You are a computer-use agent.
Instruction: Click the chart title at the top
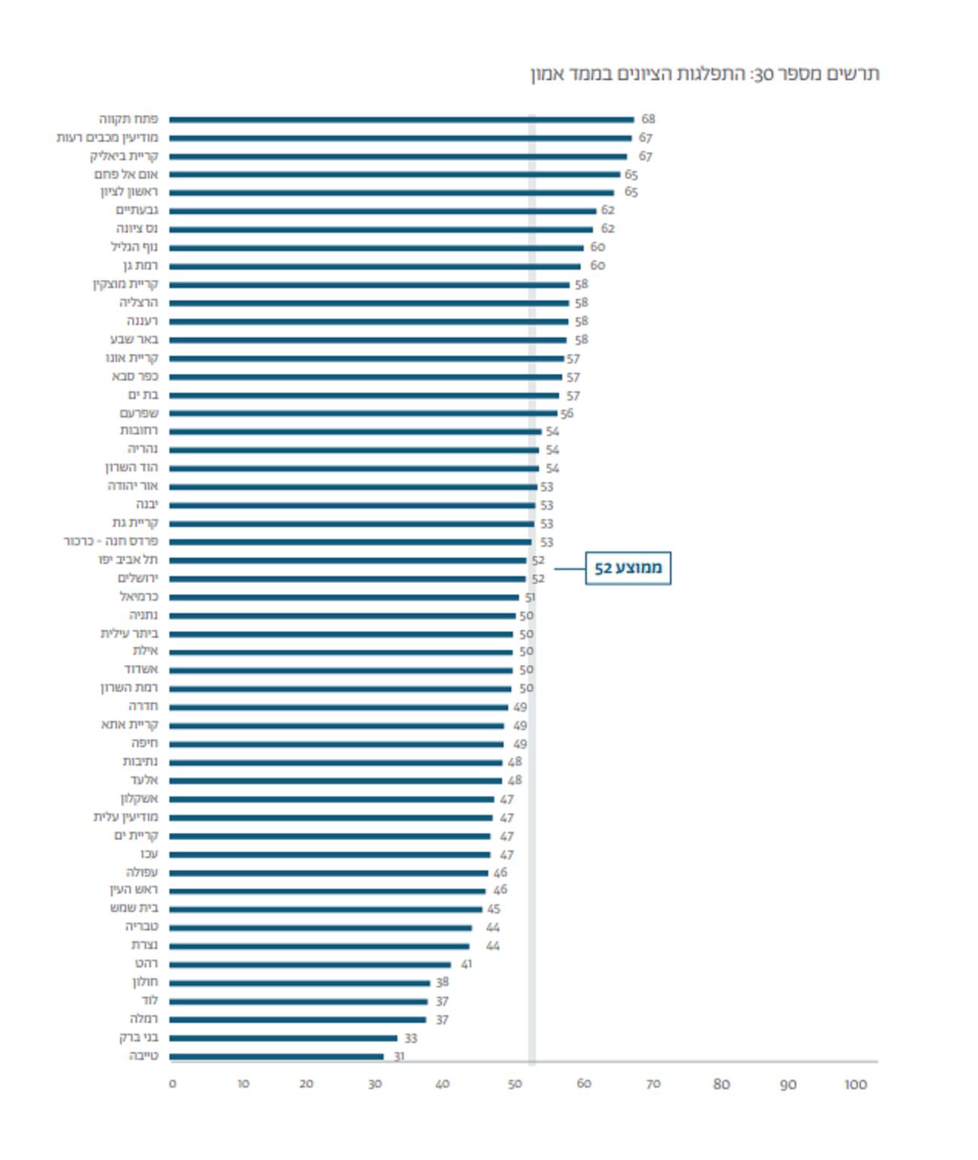pos(705,74)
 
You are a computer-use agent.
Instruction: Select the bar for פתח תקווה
pos(402,120)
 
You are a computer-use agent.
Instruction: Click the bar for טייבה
pos(276,1056)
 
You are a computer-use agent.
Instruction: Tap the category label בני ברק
pos(138,1037)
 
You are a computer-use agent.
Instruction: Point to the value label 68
pos(648,119)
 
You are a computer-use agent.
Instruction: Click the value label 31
pos(399,1056)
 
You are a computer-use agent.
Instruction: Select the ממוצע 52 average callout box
pos(627,568)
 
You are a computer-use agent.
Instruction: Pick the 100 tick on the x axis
pos(855,1084)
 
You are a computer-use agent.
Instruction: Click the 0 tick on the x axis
pos(172,1084)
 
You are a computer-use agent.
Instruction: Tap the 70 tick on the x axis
pos(653,1084)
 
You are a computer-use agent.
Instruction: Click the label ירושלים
pos(138,578)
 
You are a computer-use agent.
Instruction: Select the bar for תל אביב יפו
pos(348,560)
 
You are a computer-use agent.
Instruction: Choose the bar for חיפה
pos(336,744)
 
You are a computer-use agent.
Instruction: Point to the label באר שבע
pos(134,339)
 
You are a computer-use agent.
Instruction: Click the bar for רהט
pos(310,964)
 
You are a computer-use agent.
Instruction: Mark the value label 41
pos(466,964)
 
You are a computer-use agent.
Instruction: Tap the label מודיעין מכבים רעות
pos(107,138)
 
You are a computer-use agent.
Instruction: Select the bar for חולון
pos(299,982)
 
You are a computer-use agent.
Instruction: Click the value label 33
pos(410,1038)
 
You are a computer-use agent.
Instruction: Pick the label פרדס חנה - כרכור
pos(111,541)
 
